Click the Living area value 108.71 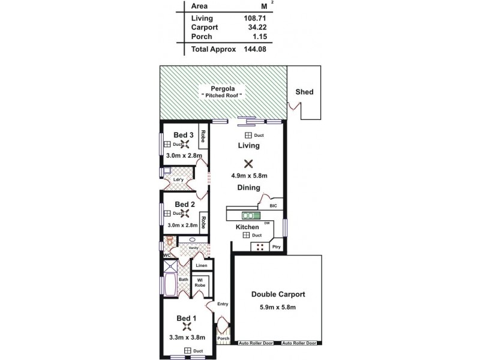pyautogui.click(x=254, y=18)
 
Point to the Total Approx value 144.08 pyautogui.click(x=254, y=50)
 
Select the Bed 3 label pyautogui.click(x=184, y=134)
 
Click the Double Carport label pyautogui.click(x=278, y=295)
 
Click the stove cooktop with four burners pyautogui.click(x=260, y=247)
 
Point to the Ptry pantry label pyautogui.click(x=276, y=247)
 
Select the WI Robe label pyautogui.click(x=199, y=283)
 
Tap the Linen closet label pyautogui.click(x=200, y=265)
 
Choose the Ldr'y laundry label pyautogui.click(x=178, y=179)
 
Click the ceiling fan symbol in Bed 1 pyautogui.click(x=187, y=328)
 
